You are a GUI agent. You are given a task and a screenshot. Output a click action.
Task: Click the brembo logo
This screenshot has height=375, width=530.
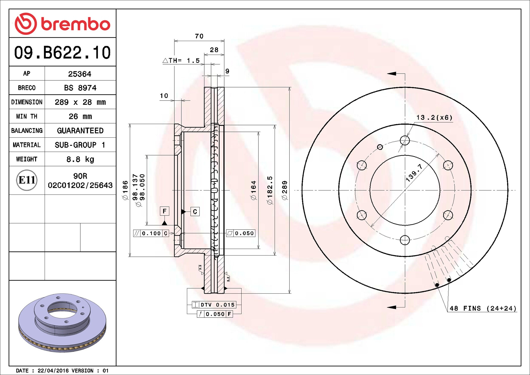(x=62, y=24)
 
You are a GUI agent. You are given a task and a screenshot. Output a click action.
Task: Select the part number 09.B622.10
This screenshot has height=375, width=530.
(x=62, y=52)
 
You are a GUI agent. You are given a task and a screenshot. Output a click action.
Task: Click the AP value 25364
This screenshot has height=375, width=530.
(x=80, y=74)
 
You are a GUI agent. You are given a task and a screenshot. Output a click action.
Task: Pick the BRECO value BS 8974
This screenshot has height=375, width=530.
(x=80, y=88)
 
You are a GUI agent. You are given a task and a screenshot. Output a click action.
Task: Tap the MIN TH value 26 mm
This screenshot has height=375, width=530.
(x=80, y=116)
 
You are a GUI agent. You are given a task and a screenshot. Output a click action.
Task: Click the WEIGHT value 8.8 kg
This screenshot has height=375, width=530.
(x=80, y=159)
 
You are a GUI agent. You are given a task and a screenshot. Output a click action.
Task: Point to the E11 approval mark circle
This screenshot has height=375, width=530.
(x=27, y=180)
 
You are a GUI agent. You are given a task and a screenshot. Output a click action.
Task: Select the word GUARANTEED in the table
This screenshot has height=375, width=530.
(x=80, y=131)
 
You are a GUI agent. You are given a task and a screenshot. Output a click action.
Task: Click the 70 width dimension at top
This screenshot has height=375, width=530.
(x=199, y=36)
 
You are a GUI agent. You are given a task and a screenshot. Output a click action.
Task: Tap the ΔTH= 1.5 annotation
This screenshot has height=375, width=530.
(x=181, y=60)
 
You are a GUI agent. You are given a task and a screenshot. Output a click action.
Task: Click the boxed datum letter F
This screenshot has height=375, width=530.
(x=164, y=211)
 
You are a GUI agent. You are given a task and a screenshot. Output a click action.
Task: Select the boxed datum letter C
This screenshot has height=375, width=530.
(x=195, y=212)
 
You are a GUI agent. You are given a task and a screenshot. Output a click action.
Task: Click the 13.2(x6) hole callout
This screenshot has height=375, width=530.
(x=434, y=117)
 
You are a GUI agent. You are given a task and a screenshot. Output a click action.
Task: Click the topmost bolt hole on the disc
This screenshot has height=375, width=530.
(x=405, y=140)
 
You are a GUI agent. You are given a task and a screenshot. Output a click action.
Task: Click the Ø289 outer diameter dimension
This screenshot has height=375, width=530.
(x=285, y=190)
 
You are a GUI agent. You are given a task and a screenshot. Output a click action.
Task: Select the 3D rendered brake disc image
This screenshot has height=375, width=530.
(x=62, y=323)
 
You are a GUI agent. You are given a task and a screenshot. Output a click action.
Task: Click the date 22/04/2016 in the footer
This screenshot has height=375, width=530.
(x=53, y=371)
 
